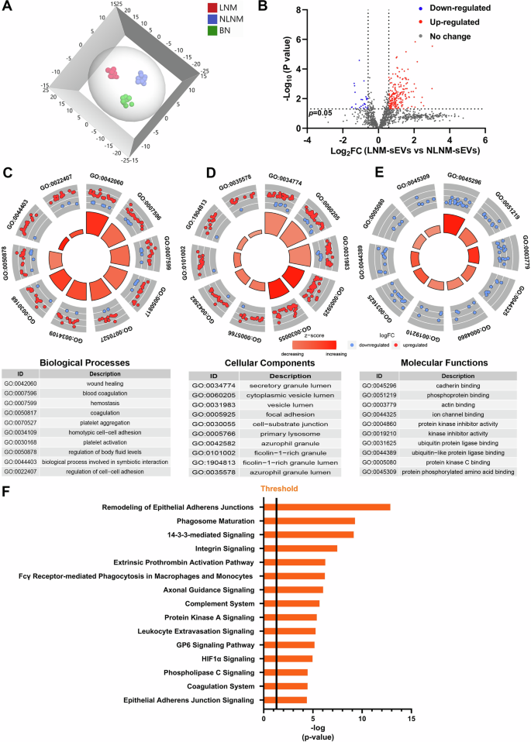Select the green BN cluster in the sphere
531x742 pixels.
[x=125, y=101]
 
